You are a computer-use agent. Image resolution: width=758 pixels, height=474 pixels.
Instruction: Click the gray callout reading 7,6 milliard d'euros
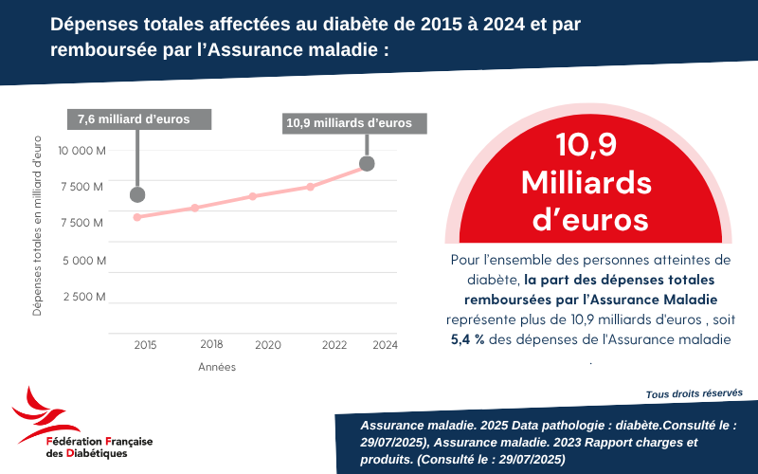(x=138, y=119)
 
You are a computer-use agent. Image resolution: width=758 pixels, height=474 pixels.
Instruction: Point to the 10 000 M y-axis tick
(x=81, y=151)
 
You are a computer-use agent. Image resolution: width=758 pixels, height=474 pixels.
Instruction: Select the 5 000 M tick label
(x=83, y=260)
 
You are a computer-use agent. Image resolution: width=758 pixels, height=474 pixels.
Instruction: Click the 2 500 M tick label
(x=83, y=297)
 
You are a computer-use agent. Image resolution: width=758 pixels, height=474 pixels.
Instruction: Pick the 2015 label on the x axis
(x=145, y=346)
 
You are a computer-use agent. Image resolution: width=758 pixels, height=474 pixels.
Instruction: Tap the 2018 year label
(x=211, y=344)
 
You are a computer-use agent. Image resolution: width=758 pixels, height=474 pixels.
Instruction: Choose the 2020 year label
(x=268, y=346)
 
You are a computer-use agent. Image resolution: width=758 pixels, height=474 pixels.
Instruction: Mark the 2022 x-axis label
(x=334, y=346)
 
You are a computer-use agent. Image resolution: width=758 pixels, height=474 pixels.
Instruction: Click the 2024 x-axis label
(x=386, y=346)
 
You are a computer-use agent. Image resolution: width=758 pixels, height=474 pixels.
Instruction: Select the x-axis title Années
(x=217, y=367)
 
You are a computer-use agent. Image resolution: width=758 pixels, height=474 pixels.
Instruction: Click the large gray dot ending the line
(x=367, y=164)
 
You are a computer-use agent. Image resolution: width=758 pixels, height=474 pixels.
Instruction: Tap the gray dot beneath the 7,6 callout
(x=137, y=194)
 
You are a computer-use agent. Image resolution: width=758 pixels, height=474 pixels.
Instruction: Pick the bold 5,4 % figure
(x=468, y=339)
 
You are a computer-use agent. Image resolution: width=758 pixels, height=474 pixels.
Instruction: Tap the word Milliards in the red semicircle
(x=588, y=181)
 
